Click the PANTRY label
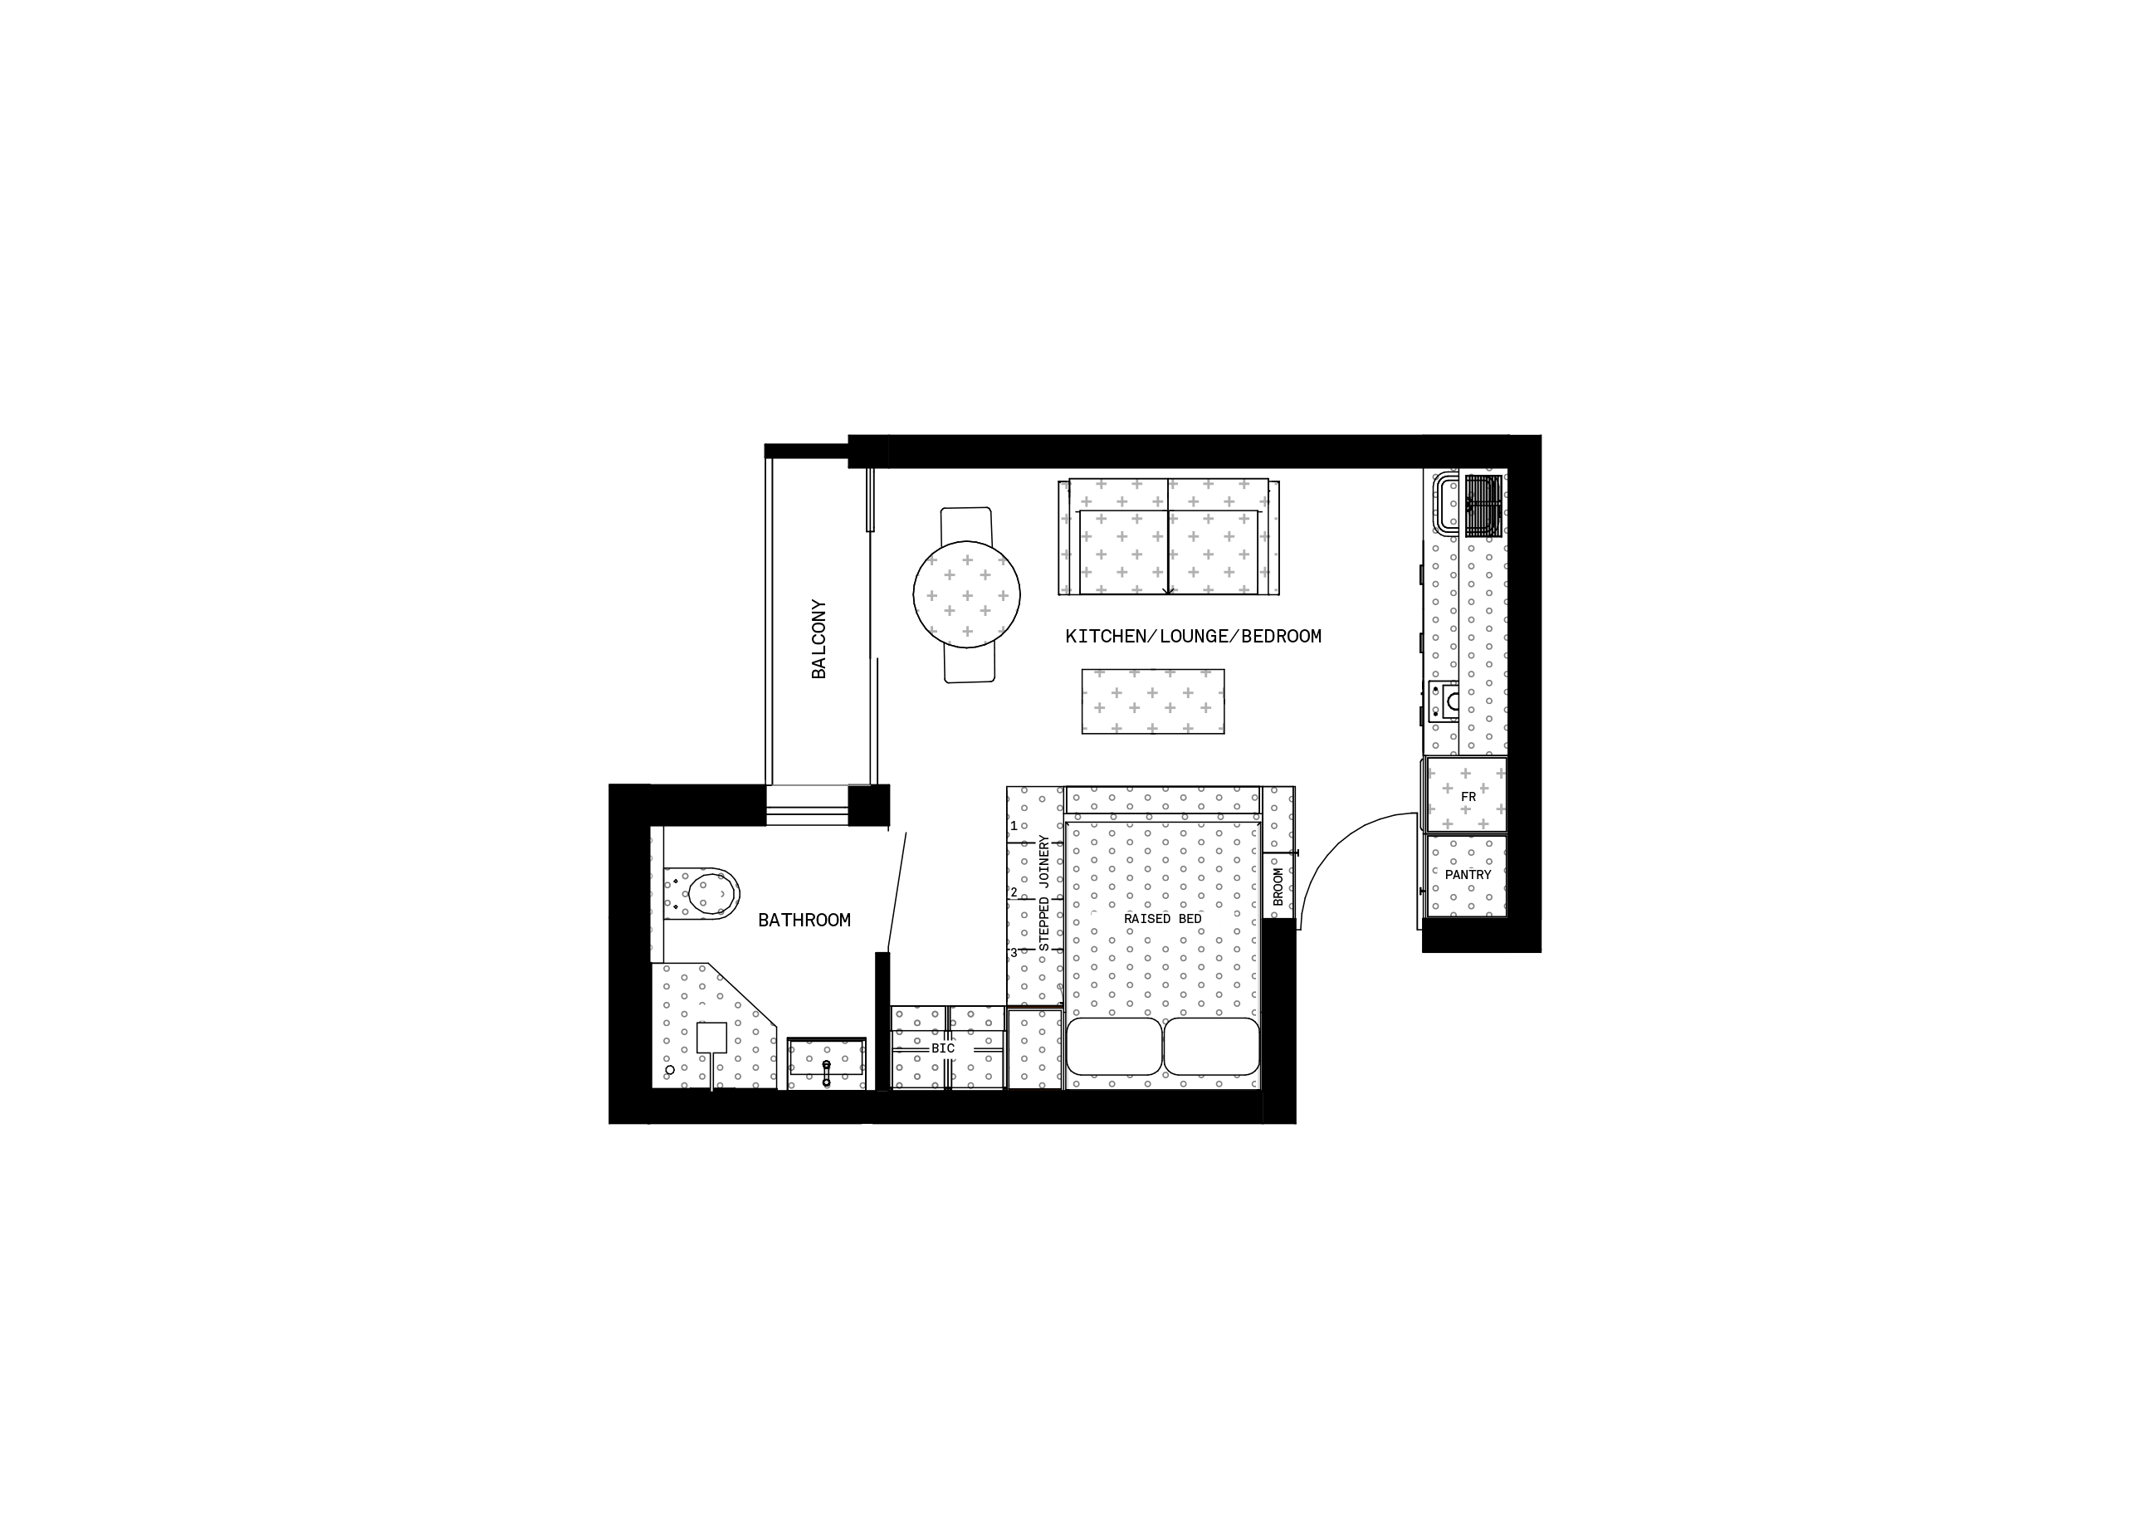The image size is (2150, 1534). coord(1467,876)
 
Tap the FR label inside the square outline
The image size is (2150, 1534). coord(1468,796)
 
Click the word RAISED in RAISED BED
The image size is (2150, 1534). coord(1146,919)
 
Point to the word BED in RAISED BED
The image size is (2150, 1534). coord(1190,919)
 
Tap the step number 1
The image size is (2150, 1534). coord(1014,826)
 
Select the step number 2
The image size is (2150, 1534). coord(1014,892)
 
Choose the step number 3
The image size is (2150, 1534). coord(1014,952)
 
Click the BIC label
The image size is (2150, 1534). coord(944,1048)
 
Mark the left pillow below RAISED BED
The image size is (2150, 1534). coord(1114,1046)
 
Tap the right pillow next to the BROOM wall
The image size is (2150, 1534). coord(1211,1046)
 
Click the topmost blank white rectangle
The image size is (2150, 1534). coord(965,520)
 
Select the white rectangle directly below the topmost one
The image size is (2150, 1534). coord(970,669)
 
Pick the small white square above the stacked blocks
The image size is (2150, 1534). coord(714,892)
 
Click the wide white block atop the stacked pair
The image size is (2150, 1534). coord(712,1013)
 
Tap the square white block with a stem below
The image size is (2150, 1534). coord(712,1037)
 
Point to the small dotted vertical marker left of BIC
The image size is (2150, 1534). coord(827,1073)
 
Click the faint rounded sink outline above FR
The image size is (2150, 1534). coord(1467,504)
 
